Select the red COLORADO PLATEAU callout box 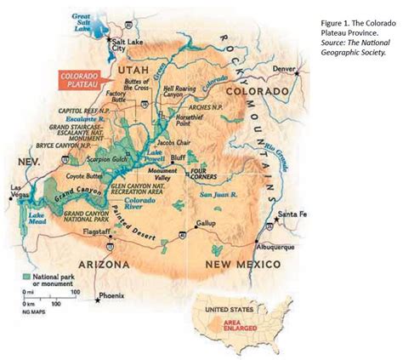point(82,81)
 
